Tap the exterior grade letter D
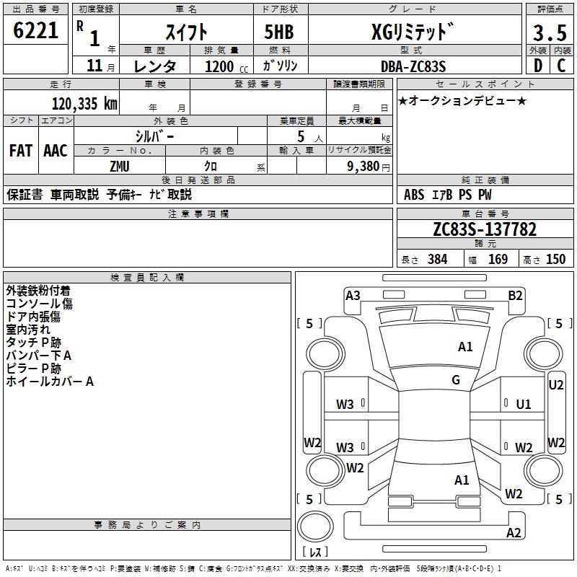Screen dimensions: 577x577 tap(537, 66)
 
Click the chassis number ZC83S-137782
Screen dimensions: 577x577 tap(485, 230)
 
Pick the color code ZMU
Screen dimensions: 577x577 tap(119, 166)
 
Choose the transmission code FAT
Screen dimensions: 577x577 tap(20, 151)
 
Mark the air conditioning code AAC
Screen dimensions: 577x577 tap(56, 151)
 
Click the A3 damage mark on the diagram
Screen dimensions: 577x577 tap(353, 295)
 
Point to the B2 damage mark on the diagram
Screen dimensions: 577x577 tap(515, 295)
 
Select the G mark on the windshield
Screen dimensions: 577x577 tap(456, 380)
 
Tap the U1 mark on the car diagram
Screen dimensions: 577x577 tap(524, 404)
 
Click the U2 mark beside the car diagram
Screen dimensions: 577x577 tap(556, 385)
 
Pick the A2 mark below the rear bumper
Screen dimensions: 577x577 tap(514, 533)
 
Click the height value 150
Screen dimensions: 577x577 tap(555, 260)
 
